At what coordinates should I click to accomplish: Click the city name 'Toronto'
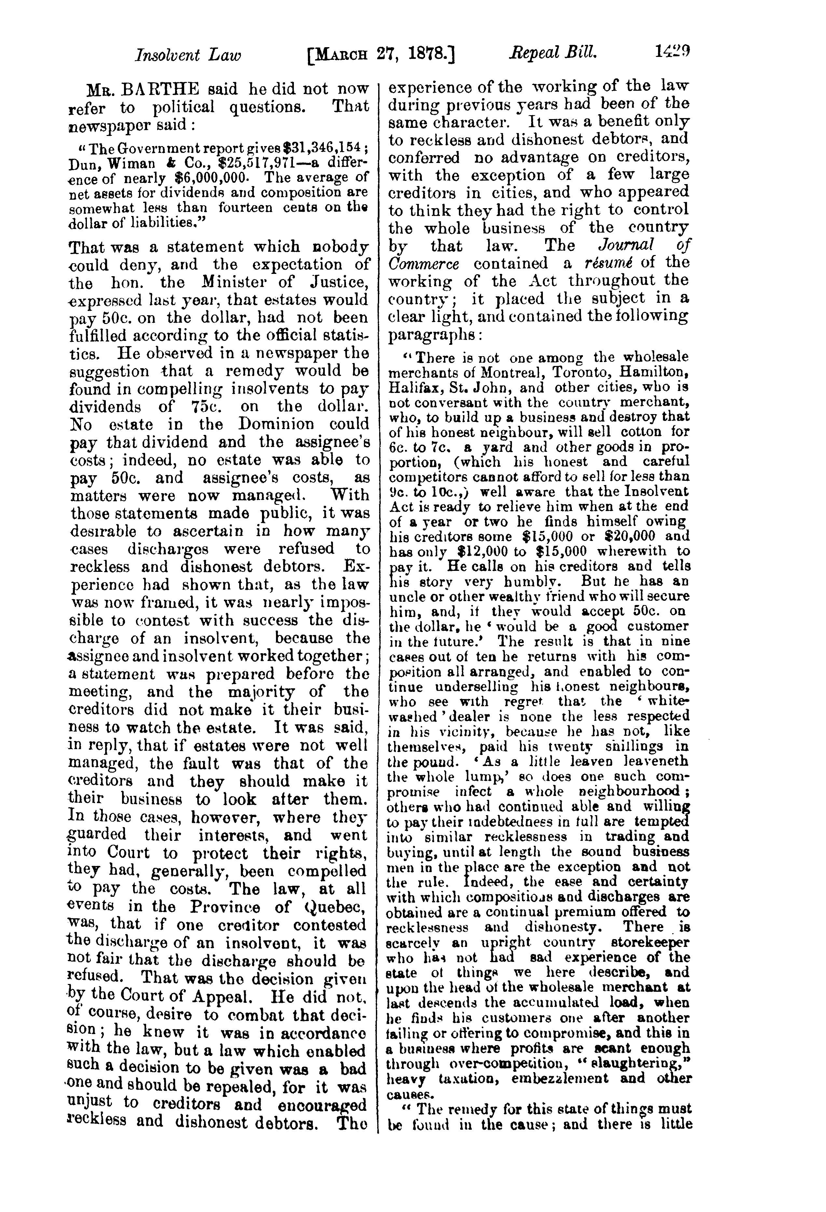[x=557, y=373]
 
